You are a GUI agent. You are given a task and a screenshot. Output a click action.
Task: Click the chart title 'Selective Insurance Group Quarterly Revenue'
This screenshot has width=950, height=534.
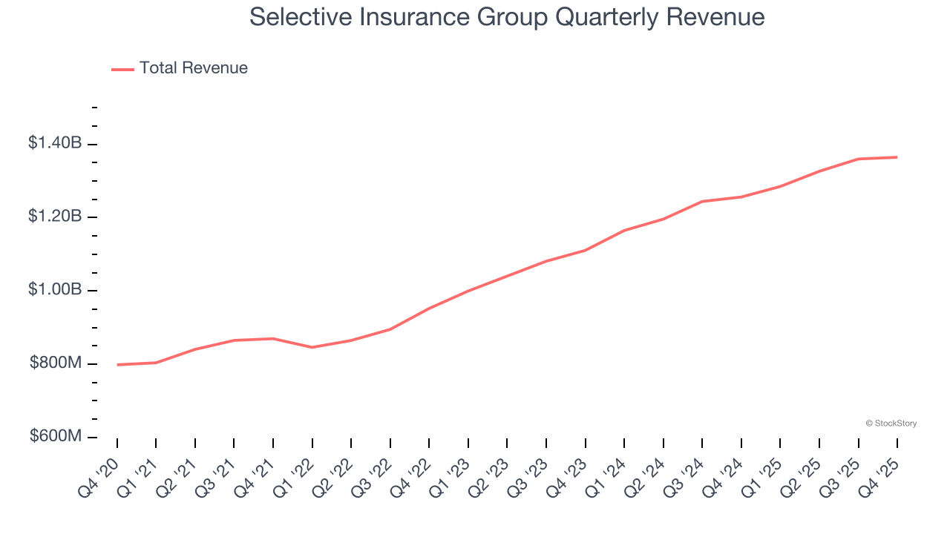pyautogui.click(x=507, y=16)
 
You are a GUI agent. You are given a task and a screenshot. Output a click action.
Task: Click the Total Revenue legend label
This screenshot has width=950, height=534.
pyautogui.click(x=193, y=68)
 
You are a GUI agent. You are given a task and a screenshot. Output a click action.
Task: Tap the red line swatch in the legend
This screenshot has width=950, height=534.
pyautogui.click(x=122, y=69)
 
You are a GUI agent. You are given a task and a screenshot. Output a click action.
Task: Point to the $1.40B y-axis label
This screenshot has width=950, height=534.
pyautogui.click(x=55, y=143)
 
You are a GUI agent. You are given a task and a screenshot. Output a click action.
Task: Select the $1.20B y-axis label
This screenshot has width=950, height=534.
pyautogui.click(x=55, y=217)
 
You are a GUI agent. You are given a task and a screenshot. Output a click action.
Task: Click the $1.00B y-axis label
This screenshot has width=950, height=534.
pyautogui.click(x=55, y=290)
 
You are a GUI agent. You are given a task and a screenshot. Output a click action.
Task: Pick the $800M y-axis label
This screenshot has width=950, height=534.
pyautogui.click(x=56, y=363)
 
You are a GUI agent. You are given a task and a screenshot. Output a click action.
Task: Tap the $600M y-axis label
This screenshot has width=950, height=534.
pyautogui.click(x=56, y=436)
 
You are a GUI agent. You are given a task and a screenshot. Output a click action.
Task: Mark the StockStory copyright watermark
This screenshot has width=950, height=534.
pyautogui.click(x=891, y=423)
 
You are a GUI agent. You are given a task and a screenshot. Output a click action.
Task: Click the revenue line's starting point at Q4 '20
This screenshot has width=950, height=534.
pyautogui.click(x=117, y=365)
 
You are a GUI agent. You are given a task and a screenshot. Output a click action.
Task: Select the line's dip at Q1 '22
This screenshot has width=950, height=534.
pyautogui.click(x=312, y=347)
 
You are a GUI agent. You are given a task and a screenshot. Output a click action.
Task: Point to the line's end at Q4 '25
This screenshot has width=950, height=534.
pyautogui.click(x=897, y=157)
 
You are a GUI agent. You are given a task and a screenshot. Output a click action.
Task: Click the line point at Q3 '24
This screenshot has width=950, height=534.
pyautogui.click(x=702, y=201)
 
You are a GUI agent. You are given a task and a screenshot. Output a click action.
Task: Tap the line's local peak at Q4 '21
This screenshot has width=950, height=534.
pyautogui.click(x=273, y=339)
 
